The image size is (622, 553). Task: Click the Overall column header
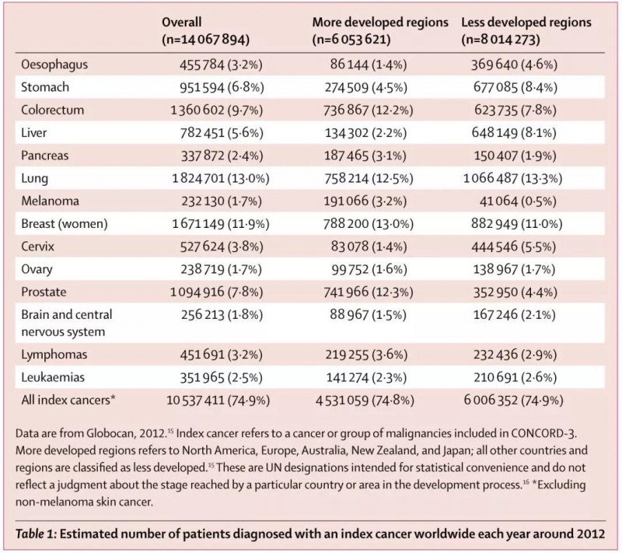205,30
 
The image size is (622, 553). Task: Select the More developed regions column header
380,30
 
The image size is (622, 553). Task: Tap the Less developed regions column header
526,30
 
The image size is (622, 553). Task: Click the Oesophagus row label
54,65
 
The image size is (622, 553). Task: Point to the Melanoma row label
50,201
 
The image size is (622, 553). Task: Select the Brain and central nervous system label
67,323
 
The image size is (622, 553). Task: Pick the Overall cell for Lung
221,179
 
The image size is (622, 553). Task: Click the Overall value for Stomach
222,87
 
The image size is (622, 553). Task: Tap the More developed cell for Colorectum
368,110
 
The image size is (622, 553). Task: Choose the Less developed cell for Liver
514,133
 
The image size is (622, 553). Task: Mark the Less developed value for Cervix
514,247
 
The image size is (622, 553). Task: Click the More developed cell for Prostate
368,292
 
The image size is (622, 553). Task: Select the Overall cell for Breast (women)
221,224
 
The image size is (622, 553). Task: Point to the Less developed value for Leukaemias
515,377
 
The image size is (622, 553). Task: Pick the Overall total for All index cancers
218,401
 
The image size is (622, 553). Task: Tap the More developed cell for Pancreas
365,156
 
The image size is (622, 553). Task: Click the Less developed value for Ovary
515,270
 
